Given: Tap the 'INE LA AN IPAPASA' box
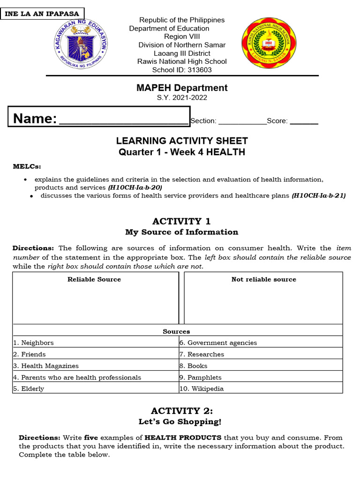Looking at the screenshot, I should click(x=42, y=14).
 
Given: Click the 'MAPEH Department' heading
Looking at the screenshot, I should click(x=182, y=88).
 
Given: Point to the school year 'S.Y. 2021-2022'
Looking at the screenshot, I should click(x=182, y=98).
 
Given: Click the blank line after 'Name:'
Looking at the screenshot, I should click(x=124, y=121).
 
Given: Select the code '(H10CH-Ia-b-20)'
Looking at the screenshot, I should click(x=135, y=187).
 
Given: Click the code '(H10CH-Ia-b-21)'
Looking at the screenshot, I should click(x=318, y=195).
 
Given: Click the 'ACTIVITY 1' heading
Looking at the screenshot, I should click(x=182, y=221).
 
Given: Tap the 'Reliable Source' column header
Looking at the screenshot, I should click(x=94, y=279).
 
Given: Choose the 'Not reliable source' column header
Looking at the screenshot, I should click(x=263, y=279).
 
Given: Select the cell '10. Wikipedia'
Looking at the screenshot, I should click(x=201, y=389).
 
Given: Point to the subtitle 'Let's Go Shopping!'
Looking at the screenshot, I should click(x=180, y=422).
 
